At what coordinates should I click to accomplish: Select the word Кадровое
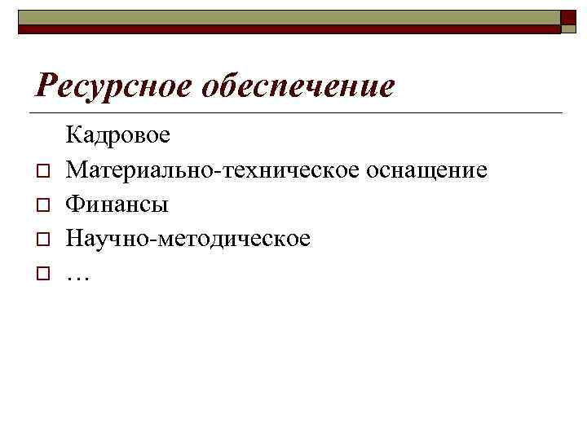click(x=118, y=134)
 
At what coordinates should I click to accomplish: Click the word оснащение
click(x=427, y=169)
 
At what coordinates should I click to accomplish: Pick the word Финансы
click(x=117, y=204)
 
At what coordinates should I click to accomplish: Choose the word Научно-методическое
click(x=188, y=239)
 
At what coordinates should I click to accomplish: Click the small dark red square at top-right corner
click(x=569, y=20)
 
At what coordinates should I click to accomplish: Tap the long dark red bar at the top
click(x=289, y=29)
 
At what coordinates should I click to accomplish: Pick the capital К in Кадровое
click(x=73, y=134)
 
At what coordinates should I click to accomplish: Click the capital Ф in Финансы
click(x=74, y=204)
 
